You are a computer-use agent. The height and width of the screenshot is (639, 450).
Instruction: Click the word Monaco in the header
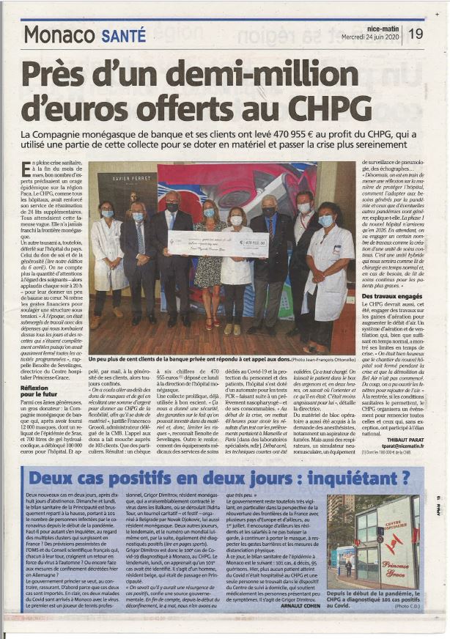(59, 34)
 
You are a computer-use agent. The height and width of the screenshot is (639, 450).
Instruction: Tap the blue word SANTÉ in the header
(124, 34)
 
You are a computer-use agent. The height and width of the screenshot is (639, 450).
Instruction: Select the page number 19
(416, 34)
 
